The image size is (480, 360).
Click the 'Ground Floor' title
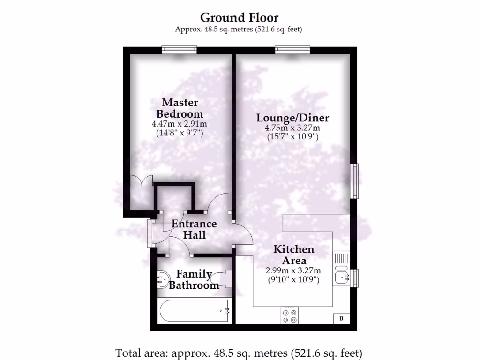(x=239, y=18)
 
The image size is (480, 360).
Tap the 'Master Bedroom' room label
(x=180, y=108)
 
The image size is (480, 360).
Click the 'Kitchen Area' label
(x=294, y=255)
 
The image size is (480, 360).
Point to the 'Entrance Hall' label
(x=194, y=229)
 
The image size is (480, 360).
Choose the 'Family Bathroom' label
(x=194, y=279)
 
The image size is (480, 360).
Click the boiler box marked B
(x=341, y=319)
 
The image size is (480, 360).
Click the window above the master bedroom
(x=179, y=49)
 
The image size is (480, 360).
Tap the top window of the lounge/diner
(x=292, y=49)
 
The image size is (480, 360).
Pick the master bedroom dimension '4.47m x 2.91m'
(x=180, y=124)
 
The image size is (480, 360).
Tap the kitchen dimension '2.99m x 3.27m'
(x=293, y=270)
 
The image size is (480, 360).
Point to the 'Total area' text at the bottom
(x=239, y=352)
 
